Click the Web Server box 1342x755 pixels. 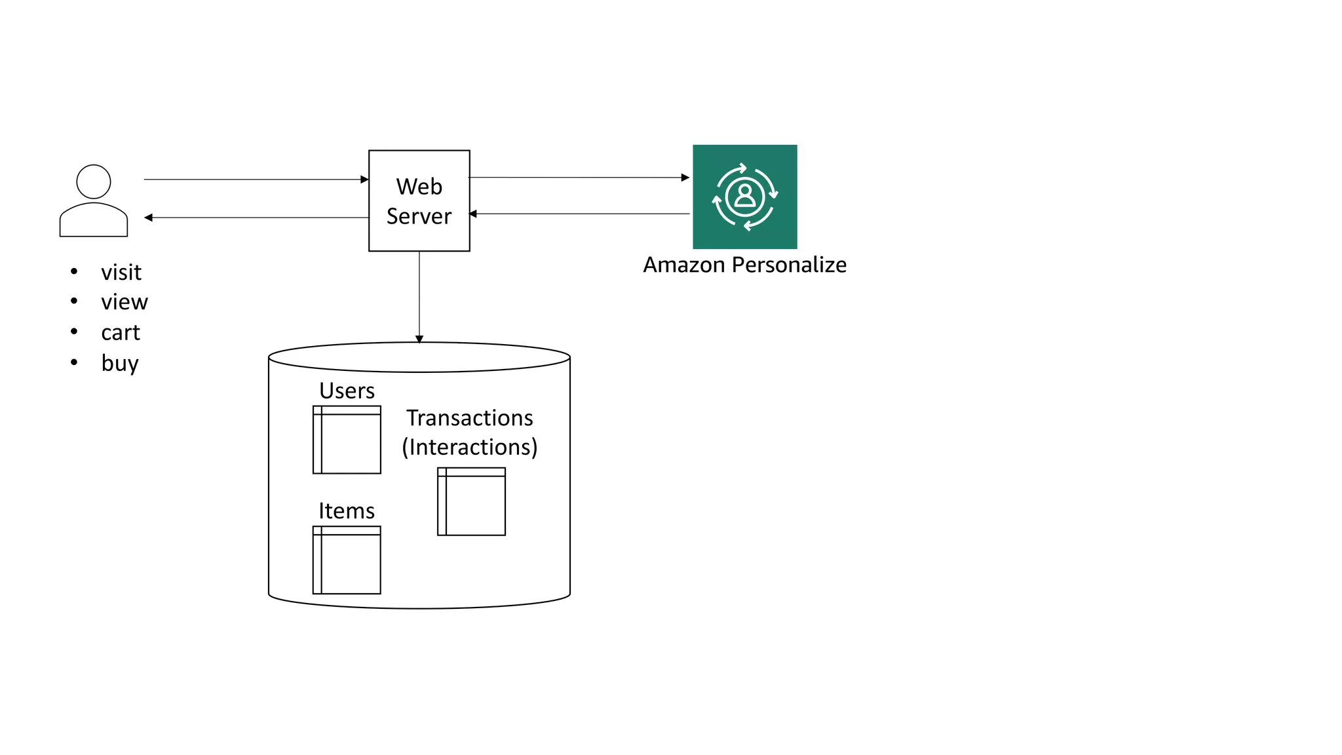[x=419, y=201]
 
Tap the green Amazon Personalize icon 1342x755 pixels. [x=744, y=197]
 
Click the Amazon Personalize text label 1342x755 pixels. [x=744, y=265]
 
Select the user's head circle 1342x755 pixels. [x=94, y=182]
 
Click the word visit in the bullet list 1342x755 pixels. [x=121, y=273]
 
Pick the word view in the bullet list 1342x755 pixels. [x=125, y=302]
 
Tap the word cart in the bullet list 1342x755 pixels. [x=121, y=333]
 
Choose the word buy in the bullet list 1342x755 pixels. [x=120, y=363]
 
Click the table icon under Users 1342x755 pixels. [x=347, y=440]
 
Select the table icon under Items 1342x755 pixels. [x=347, y=560]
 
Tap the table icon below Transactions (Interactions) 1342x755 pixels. [x=471, y=501]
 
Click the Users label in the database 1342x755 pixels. [x=347, y=391]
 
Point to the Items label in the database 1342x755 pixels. [x=347, y=511]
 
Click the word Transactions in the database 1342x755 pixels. [x=469, y=418]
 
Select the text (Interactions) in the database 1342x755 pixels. [x=469, y=447]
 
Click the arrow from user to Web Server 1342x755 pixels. [x=256, y=179]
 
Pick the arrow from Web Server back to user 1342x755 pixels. [x=256, y=218]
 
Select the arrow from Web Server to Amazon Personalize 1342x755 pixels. [x=579, y=178]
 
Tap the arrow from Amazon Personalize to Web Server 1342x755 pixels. [x=579, y=214]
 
